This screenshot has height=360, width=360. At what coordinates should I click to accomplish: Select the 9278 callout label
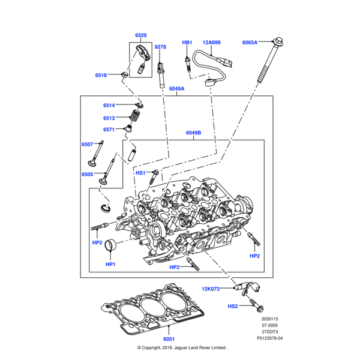tap(160, 47)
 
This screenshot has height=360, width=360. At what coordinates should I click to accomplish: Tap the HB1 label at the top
tap(187, 43)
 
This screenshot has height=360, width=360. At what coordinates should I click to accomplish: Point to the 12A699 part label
tap(211, 43)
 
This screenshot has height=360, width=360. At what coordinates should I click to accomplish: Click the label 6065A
tap(250, 43)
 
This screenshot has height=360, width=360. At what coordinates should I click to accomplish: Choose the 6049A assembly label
tap(176, 89)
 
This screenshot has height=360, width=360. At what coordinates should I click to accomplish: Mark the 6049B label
tap(193, 133)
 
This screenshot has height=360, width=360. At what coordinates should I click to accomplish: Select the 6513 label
tap(109, 118)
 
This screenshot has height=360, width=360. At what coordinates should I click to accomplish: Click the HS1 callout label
tap(140, 173)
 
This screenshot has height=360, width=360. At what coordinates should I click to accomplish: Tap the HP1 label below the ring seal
tap(110, 264)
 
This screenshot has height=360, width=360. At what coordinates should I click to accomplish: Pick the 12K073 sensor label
tap(211, 289)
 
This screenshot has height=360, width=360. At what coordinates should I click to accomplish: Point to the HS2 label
tap(233, 306)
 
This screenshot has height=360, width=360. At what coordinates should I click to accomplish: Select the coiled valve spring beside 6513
tap(136, 118)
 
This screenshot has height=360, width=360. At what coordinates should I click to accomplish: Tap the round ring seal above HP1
tap(110, 246)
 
